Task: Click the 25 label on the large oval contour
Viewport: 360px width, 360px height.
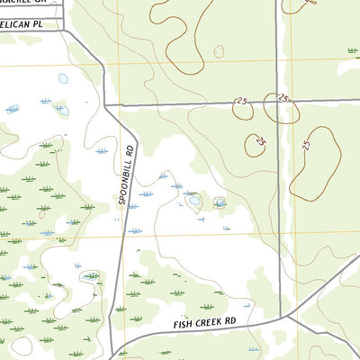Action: coord(306,144)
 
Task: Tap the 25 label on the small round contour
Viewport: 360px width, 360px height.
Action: coord(261,141)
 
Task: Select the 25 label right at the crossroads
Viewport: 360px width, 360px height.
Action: coord(283,97)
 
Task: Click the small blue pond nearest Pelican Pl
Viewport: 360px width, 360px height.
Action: coord(63,78)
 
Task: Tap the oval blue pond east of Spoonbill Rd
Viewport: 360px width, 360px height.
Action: coord(194,201)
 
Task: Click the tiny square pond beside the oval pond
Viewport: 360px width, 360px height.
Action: coord(219,202)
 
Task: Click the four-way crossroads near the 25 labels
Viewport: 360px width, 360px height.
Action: coord(278,101)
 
